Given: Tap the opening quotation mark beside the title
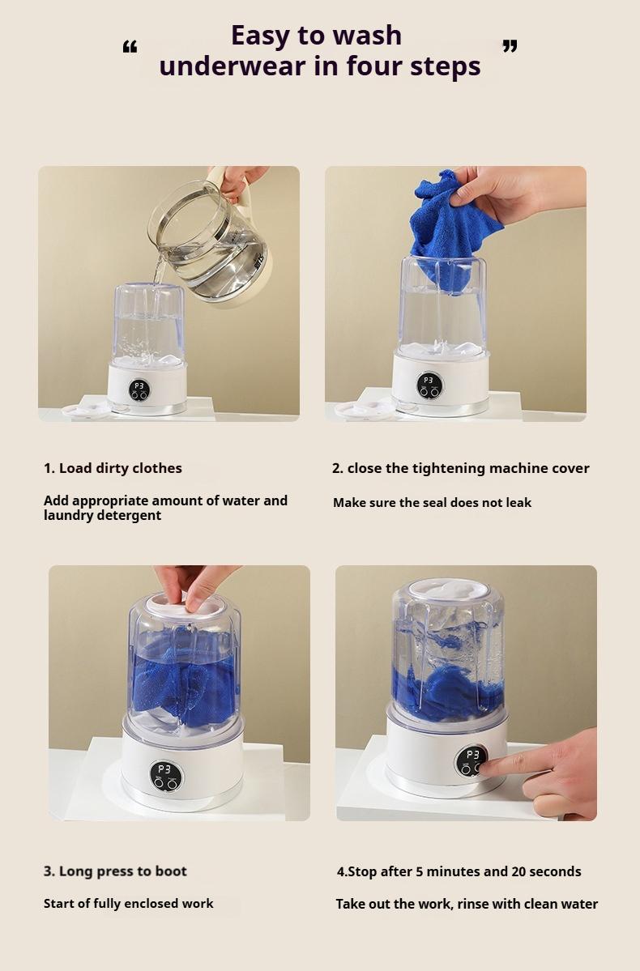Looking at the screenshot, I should point(130,47).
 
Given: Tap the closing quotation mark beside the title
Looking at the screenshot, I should point(510,46).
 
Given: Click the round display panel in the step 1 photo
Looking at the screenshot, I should point(139,390).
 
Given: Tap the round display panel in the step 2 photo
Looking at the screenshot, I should point(429,385).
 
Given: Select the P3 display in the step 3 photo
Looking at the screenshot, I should point(164,769).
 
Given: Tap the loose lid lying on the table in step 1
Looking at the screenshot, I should point(85,411).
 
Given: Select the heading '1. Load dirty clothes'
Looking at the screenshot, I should point(113,468).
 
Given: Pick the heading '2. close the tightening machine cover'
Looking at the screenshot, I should point(460,468).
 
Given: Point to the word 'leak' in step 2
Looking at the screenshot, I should point(515,503).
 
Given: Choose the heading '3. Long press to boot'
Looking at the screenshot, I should point(115,871).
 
